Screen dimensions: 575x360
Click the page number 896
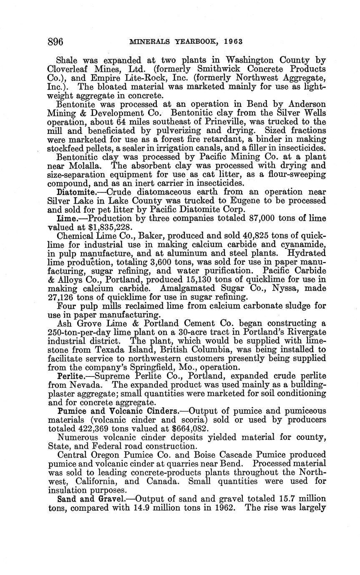tap(55, 42)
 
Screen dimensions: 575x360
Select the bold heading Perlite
tap(70, 376)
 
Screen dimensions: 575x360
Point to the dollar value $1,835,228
tap(113, 227)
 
